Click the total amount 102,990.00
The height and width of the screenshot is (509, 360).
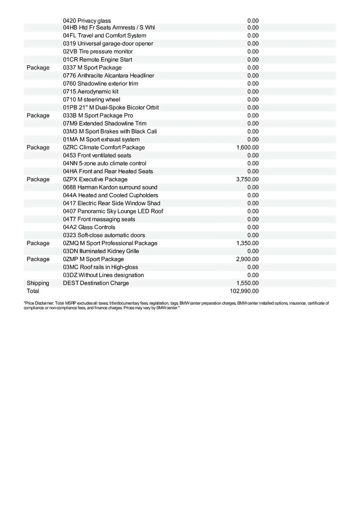(244, 291)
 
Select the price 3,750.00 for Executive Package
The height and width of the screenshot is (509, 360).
(247, 179)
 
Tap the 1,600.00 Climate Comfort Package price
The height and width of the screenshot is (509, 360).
(247, 148)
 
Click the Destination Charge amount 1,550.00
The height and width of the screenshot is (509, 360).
(247, 283)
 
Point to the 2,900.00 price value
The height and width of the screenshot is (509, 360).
(247, 259)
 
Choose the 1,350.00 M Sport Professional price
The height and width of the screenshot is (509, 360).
(247, 243)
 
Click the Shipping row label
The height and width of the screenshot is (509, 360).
(38, 283)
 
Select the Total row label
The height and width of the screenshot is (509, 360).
(33, 291)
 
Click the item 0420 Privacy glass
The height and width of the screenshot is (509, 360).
(87, 21)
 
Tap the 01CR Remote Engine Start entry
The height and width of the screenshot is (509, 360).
(97, 60)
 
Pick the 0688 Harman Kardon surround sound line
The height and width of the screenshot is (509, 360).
(110, 187)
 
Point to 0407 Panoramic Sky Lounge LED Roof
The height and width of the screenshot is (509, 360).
(113, 211)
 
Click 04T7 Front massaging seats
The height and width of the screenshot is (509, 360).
(99, 219)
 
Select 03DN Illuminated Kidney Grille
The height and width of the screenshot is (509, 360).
(101, 251)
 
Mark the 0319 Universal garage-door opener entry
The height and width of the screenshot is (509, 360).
(108, 44)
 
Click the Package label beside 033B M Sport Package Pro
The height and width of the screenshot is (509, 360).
(38, 115)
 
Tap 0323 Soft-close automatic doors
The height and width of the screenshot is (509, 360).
(104, 235)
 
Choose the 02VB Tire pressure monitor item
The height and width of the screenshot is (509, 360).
(98, 52)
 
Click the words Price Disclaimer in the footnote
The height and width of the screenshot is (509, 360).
(39, 303)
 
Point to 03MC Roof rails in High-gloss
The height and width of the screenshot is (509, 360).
(100, 267)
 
